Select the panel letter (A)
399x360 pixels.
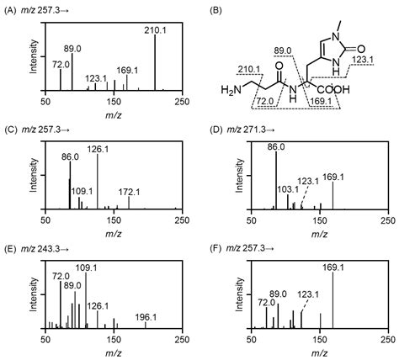10,8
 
